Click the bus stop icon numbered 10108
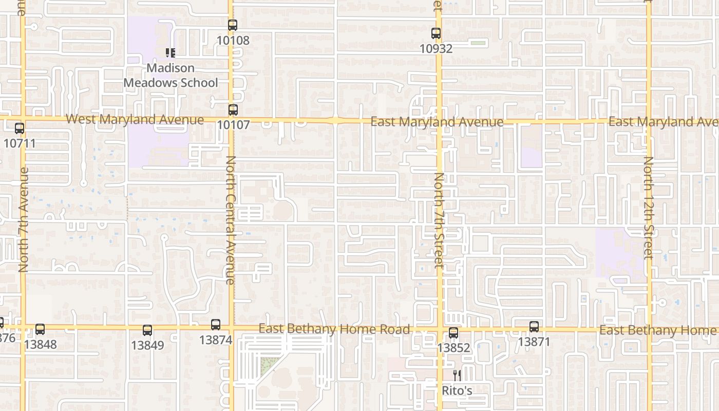pos(233,25)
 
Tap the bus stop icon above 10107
pos(233,109)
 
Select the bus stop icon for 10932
pos(436,33)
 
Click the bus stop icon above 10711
pos(20,128)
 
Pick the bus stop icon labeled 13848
pos(40,329)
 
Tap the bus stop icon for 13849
pos(147,330)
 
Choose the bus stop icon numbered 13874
pos(216,325)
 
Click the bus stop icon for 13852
pos(453,333)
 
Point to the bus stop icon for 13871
pos(534,327)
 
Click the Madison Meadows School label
pos(171,76)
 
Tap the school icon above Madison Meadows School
pos(171,52)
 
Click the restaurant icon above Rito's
pos(457,376)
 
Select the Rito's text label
pos(457,391)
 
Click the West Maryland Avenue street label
pos(135,120)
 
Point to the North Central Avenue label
pos(231,220)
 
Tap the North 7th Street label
pos(439,220)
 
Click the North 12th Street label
pos(648,208)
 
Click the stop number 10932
pos(436,49)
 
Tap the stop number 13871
pos(534,342)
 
